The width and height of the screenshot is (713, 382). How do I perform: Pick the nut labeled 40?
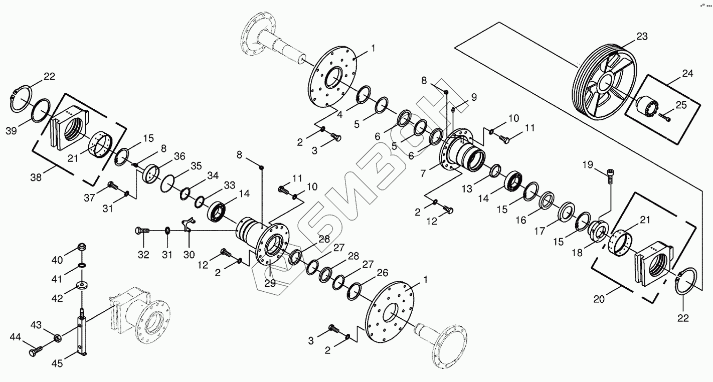coord(81,247)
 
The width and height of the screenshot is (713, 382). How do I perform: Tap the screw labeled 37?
coord(113,186)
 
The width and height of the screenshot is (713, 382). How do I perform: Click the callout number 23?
coord(642,37)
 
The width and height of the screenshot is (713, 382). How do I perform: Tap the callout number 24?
coord(687,74)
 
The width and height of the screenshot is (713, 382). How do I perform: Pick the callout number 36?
coord(180,156)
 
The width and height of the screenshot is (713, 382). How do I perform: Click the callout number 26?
coord(383,274)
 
